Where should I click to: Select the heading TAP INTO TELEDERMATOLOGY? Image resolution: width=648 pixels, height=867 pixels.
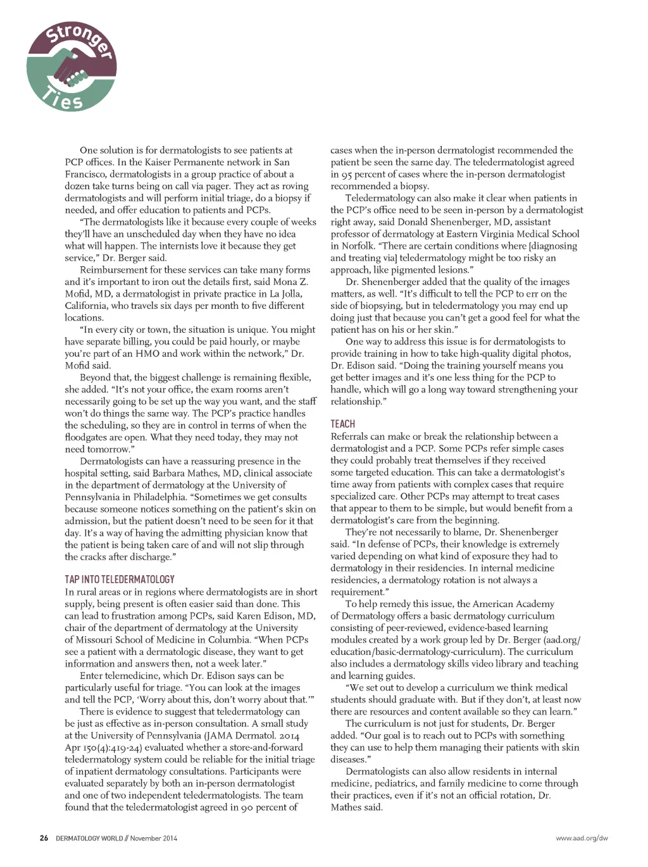pos(119,579)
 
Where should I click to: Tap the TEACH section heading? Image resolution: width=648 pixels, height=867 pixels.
pos(342,424)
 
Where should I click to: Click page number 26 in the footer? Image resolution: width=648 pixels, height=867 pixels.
pos(44,839)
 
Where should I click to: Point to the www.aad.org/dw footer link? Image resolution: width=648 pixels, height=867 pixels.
pos(582,839)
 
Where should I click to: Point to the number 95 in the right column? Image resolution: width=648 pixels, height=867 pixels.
pos(346,174)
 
